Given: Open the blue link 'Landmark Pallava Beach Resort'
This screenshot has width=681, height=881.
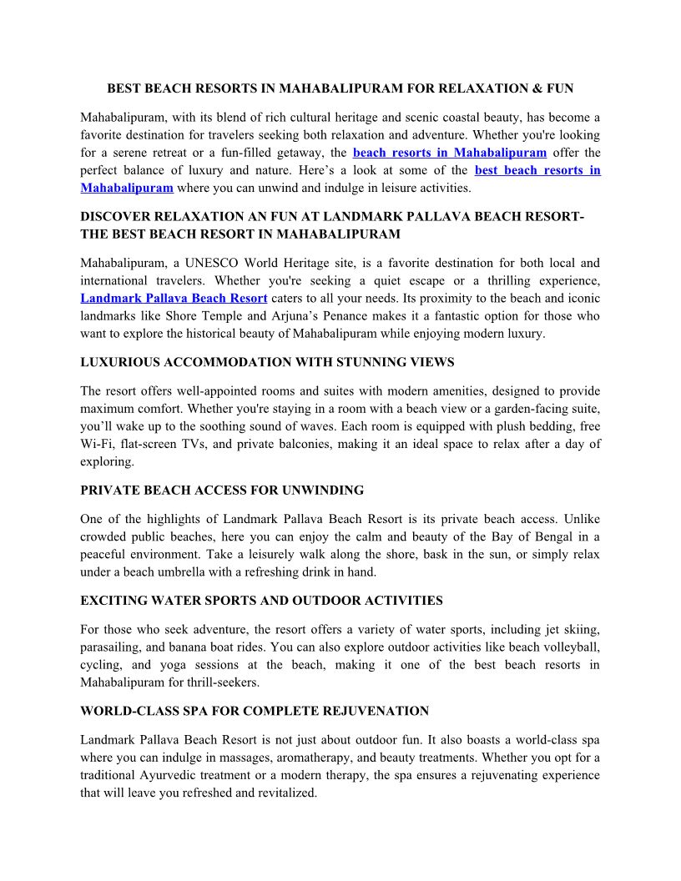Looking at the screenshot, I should [x=174, y=298].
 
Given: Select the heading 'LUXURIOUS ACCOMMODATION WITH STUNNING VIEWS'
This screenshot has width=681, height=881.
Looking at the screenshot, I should [x=267, y=362].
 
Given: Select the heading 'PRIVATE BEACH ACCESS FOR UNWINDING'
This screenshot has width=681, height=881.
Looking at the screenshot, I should [x=222, y=490].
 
